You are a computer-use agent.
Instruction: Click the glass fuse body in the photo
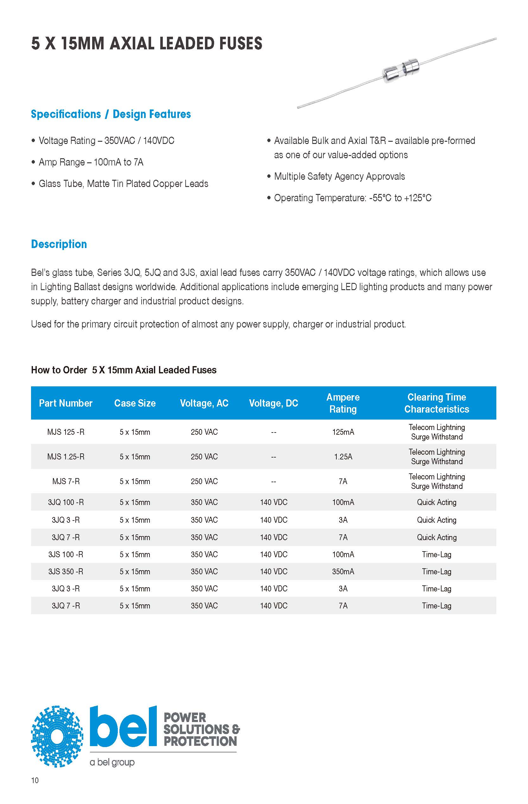[400, 71]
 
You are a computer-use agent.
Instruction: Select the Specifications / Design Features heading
[111, 114]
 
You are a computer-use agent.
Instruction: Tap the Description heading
[59, 244]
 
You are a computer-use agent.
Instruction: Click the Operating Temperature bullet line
[353, 198]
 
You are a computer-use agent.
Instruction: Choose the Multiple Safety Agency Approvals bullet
[339, 176]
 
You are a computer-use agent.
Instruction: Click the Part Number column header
[66, 403]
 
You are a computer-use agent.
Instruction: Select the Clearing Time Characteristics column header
[436, 403]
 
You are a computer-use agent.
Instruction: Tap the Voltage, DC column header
[273, 403]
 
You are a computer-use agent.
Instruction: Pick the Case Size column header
[135, 403]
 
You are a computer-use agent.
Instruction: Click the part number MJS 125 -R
[66, 432]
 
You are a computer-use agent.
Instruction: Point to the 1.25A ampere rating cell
[343, 457]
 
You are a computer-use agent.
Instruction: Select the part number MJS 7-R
[66, 481]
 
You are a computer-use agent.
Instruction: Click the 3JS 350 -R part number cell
[66, 571]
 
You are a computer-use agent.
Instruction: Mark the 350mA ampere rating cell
[343, 571]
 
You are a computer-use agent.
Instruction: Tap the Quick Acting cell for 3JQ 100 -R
[436, 502]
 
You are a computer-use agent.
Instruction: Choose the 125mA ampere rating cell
[343, 432]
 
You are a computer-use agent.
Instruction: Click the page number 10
[35, 780]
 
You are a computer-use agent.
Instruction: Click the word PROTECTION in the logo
[200, 741]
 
